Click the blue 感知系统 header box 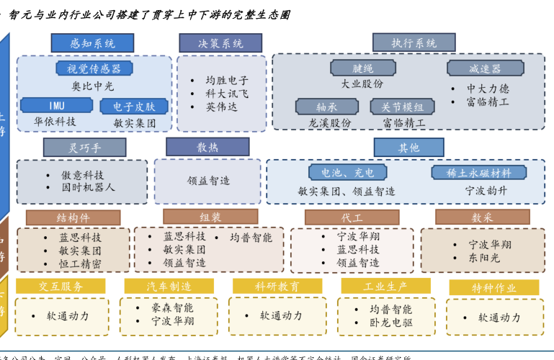(x=92, y=43)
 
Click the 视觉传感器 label (x=94, y=68)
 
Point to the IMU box (x=56, y=106)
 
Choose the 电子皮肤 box (x=134, y=107)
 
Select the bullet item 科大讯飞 (x=227, y=94)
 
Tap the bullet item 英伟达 (x=221, y=107)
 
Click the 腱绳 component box (x=362, y=68)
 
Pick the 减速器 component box (x=485, y=68)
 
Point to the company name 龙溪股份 (x=330, y=123)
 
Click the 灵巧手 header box (x=84, y=148)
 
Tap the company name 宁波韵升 (x=486, y=191)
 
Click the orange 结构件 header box (x=73, y=217)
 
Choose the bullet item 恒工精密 (x=80, y=264)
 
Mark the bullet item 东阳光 (x=485, y=258)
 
